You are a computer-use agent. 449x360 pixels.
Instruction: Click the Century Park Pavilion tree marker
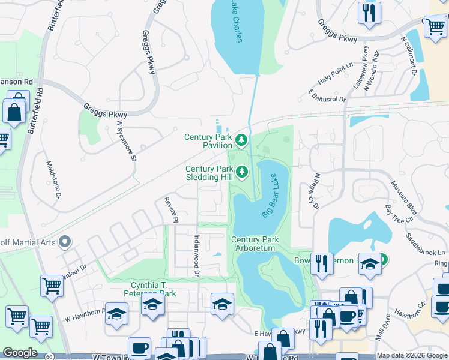241,141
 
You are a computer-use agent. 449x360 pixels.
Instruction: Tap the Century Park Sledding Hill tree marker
242,173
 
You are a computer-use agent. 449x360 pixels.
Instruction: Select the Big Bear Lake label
271,200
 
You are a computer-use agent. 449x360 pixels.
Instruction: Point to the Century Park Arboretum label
255,244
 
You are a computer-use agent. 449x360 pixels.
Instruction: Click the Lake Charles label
236,23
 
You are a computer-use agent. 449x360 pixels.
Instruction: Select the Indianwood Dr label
196,256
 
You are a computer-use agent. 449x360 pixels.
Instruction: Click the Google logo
20,353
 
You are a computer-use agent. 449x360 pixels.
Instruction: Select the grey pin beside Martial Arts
65,242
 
